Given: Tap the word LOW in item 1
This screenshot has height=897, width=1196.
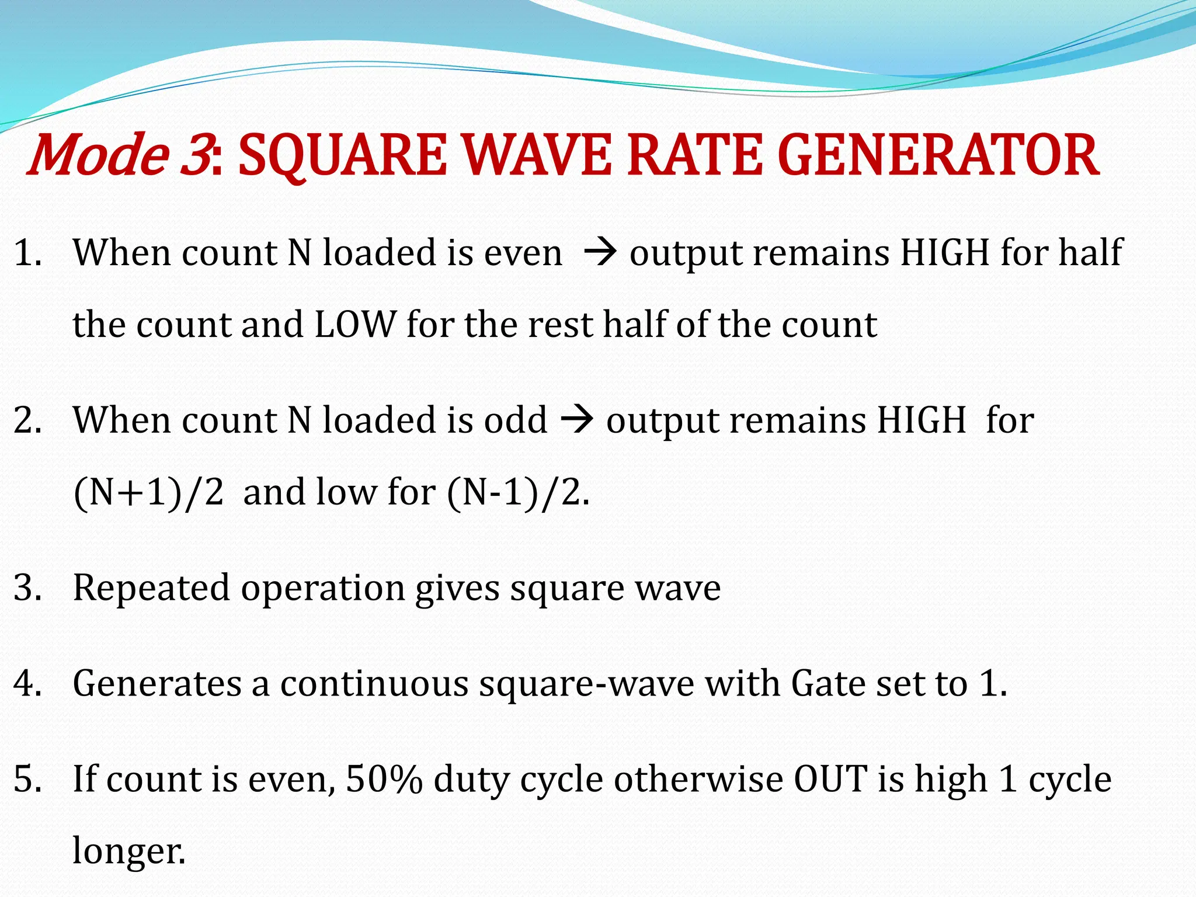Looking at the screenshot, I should (355, 324).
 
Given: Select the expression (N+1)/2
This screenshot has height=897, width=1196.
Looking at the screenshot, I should (149, 492).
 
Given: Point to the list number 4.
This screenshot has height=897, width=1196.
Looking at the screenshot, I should (27, 683).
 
